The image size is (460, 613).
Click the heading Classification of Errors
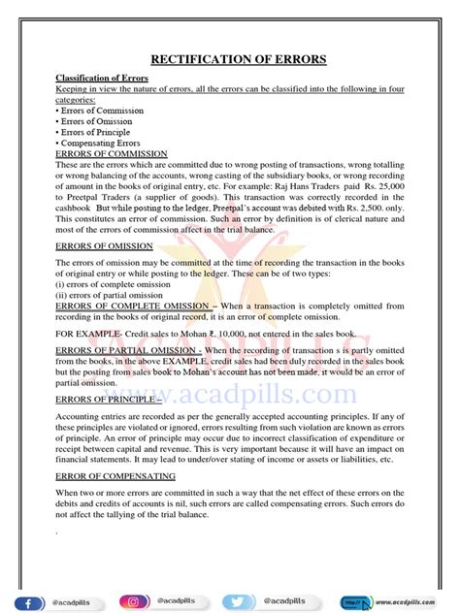(95, 78)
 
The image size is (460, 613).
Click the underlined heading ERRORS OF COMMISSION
(112, 153)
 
